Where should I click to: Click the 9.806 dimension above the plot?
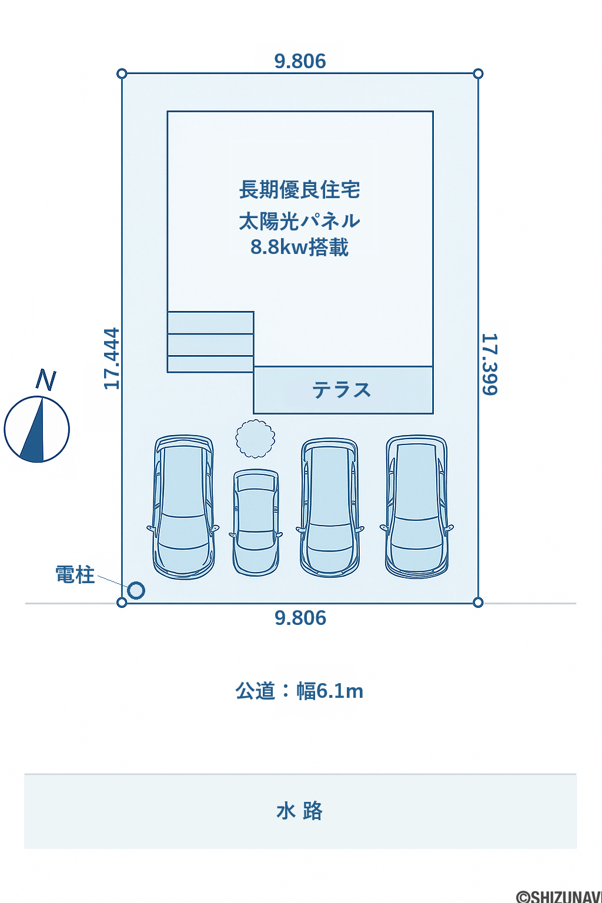coord(300,61)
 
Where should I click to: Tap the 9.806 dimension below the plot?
coord(300,618)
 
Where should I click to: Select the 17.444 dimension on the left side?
coord(112,359)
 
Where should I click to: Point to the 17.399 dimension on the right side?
coord(490,364)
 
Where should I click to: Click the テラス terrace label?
coord(342,390)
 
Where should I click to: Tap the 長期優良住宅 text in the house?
coord(300,190)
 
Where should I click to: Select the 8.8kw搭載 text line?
coord(299,247)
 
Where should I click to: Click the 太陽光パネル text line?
coord(300,221)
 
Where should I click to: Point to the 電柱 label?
coord(75,574)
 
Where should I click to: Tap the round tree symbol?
coord(255,439)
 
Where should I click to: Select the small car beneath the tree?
coord(256,522)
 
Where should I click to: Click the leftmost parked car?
coord(183,507)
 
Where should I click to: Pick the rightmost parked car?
coord(417,506)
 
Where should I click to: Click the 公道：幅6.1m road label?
coord(300,691)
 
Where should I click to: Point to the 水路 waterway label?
coord(300,811)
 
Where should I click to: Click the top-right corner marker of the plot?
coord(478,73)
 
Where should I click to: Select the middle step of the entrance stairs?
coord(210,345)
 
